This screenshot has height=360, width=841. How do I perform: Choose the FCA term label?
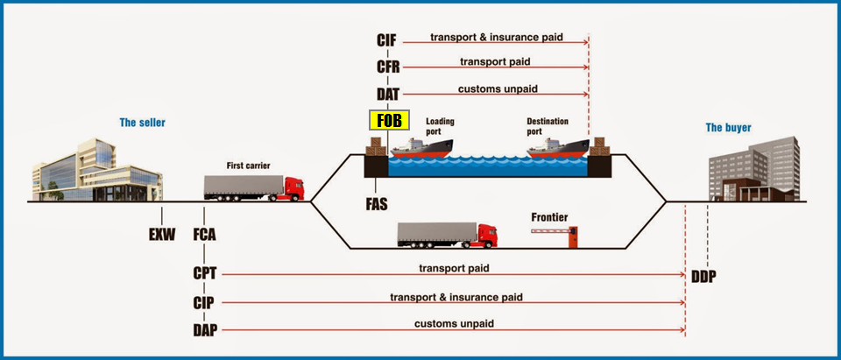(x=206, y=234)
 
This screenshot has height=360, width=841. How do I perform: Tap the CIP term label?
(x=206, y=302)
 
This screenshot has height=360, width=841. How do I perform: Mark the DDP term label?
(x=703, y=276)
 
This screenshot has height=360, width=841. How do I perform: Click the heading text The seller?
(x=143, y=123)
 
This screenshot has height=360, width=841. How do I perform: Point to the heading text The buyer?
(x=728, y=128)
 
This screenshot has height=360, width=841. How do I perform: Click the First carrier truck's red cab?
(x=294, y=187)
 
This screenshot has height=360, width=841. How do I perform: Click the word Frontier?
(x=550, y=216)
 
